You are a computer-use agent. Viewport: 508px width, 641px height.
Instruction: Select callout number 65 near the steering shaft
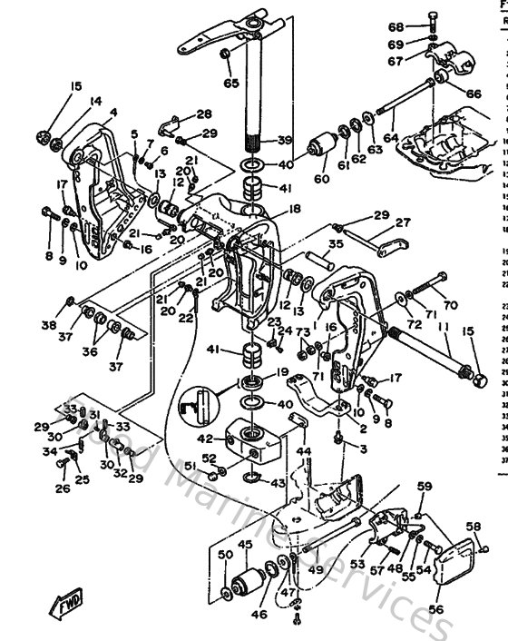[231, 83]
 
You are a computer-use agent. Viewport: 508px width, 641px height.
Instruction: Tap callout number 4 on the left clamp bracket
[113, 113]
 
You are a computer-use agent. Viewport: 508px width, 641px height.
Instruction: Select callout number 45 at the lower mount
[244, 546]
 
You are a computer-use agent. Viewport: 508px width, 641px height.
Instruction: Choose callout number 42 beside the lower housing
[207, 438]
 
